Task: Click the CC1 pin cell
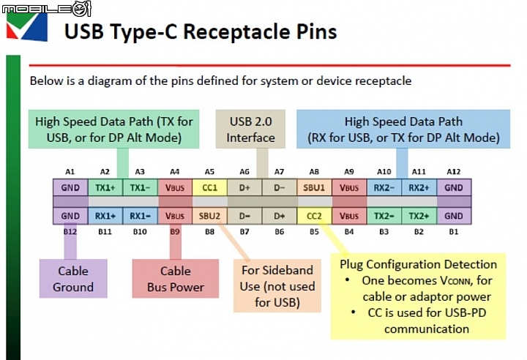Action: tap(209, 187)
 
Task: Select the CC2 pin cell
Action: tap(314, 216)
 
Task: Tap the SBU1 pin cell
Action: tap(314, 187)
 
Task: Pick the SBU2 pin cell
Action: tap(209, 216)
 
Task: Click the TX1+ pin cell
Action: tap(105, 187)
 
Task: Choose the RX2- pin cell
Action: tap(384, 187)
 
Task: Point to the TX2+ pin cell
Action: tap(419, 216)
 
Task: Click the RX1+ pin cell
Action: tap(105, 216)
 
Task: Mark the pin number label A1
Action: tap(70, 172)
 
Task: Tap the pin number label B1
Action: tap(453, 232)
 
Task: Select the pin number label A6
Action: tap(244, 172)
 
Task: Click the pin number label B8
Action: tap(209, 232)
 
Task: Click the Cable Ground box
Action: tap(73, 279)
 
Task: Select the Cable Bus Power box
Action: tap(176, 279)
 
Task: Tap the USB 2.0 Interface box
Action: tap(250, 129)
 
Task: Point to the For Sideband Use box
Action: tap(277, 286)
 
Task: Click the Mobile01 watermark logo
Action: tap(46, 8)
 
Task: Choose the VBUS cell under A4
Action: tap(175, 187)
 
